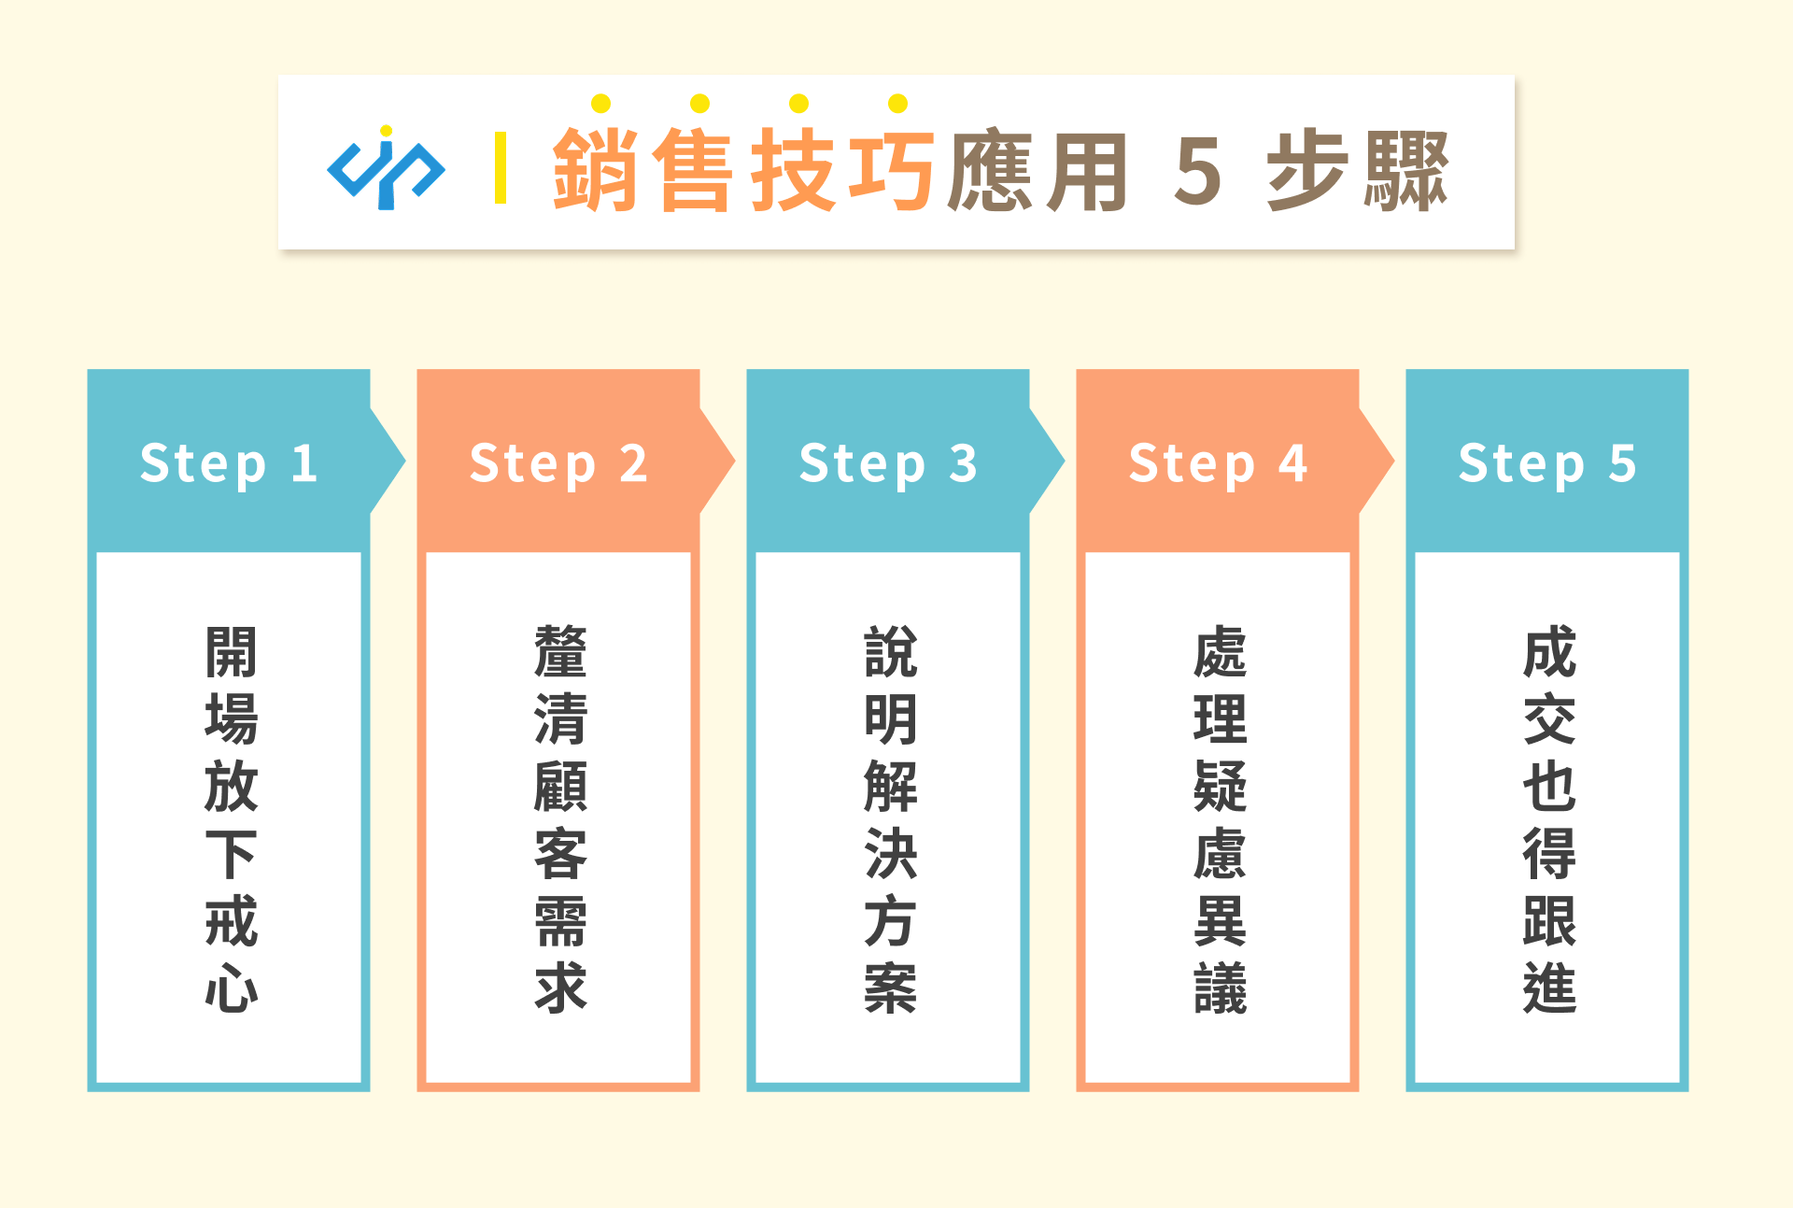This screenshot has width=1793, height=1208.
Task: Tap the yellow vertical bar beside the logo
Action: (501, 168)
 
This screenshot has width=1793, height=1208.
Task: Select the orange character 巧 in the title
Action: (891, 170)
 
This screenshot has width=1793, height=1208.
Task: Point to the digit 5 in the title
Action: (1198, 170)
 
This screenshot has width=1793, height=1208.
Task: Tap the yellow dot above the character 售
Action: (699, 103)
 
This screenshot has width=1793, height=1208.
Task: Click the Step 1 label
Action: (229, 463)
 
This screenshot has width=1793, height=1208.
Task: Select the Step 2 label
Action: (558, 463)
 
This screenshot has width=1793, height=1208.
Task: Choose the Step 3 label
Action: (888, 463)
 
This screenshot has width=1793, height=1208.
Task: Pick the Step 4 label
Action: (1218, 463)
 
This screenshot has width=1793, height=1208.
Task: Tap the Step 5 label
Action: (1547, 463)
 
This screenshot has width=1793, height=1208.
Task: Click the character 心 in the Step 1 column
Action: (231, 988)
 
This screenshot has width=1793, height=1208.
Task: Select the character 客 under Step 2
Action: (560, 853)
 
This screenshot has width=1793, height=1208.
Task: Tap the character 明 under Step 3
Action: (890, 718)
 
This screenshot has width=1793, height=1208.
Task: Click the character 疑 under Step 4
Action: (1220, 786)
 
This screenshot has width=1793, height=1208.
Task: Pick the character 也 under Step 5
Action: (1549, 786)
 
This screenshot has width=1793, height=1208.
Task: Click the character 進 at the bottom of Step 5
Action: (1549, 988)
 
